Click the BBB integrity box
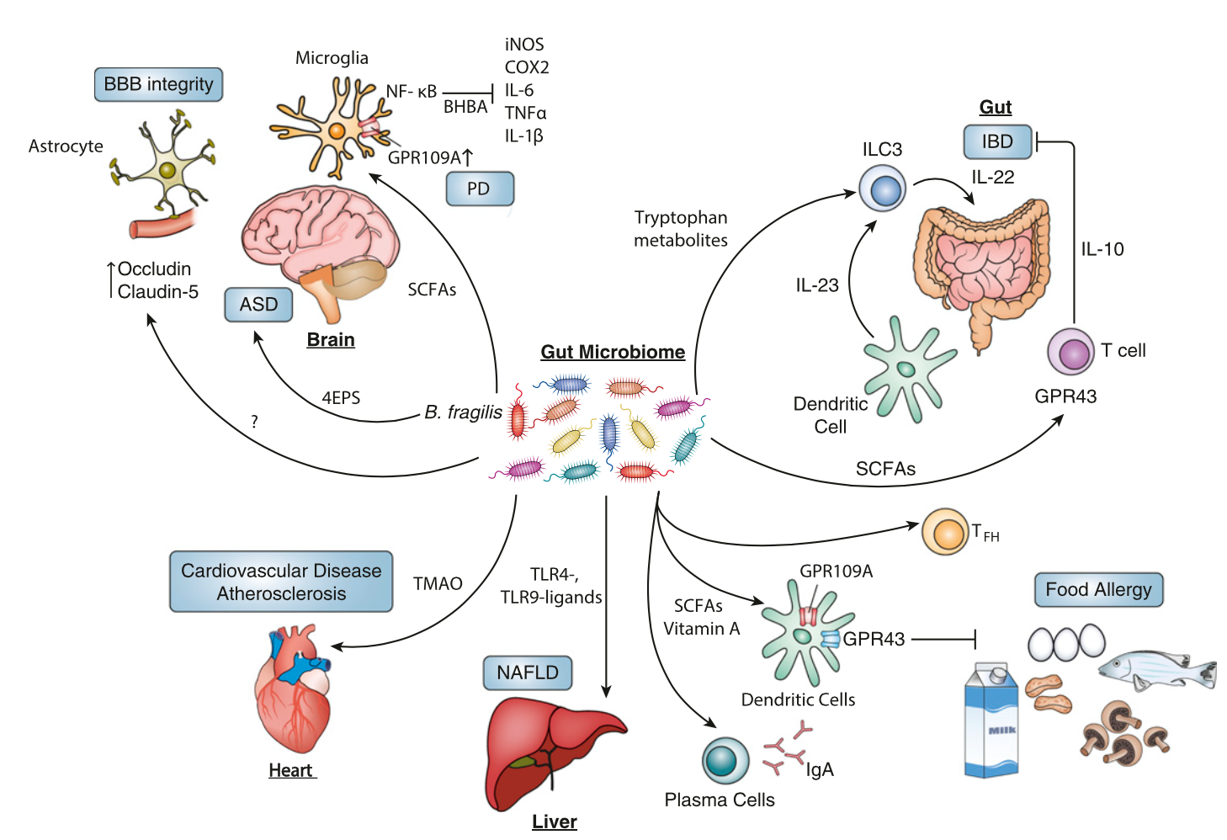point(158,84)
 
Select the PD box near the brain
point(479,189)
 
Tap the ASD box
point(258,305)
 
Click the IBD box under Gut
point(997,141)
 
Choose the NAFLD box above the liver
point(528,673)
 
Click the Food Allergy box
point(1098,589)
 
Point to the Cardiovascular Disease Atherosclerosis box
point(281,582)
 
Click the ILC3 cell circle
point(882,188)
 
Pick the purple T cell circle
point(1071,351)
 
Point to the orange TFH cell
point(946,532)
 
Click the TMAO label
point(438,583)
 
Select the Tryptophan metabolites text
point(681,229)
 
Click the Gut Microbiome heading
point(613,352)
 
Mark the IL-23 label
point(817,285)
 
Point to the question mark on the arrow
point(254,421)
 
